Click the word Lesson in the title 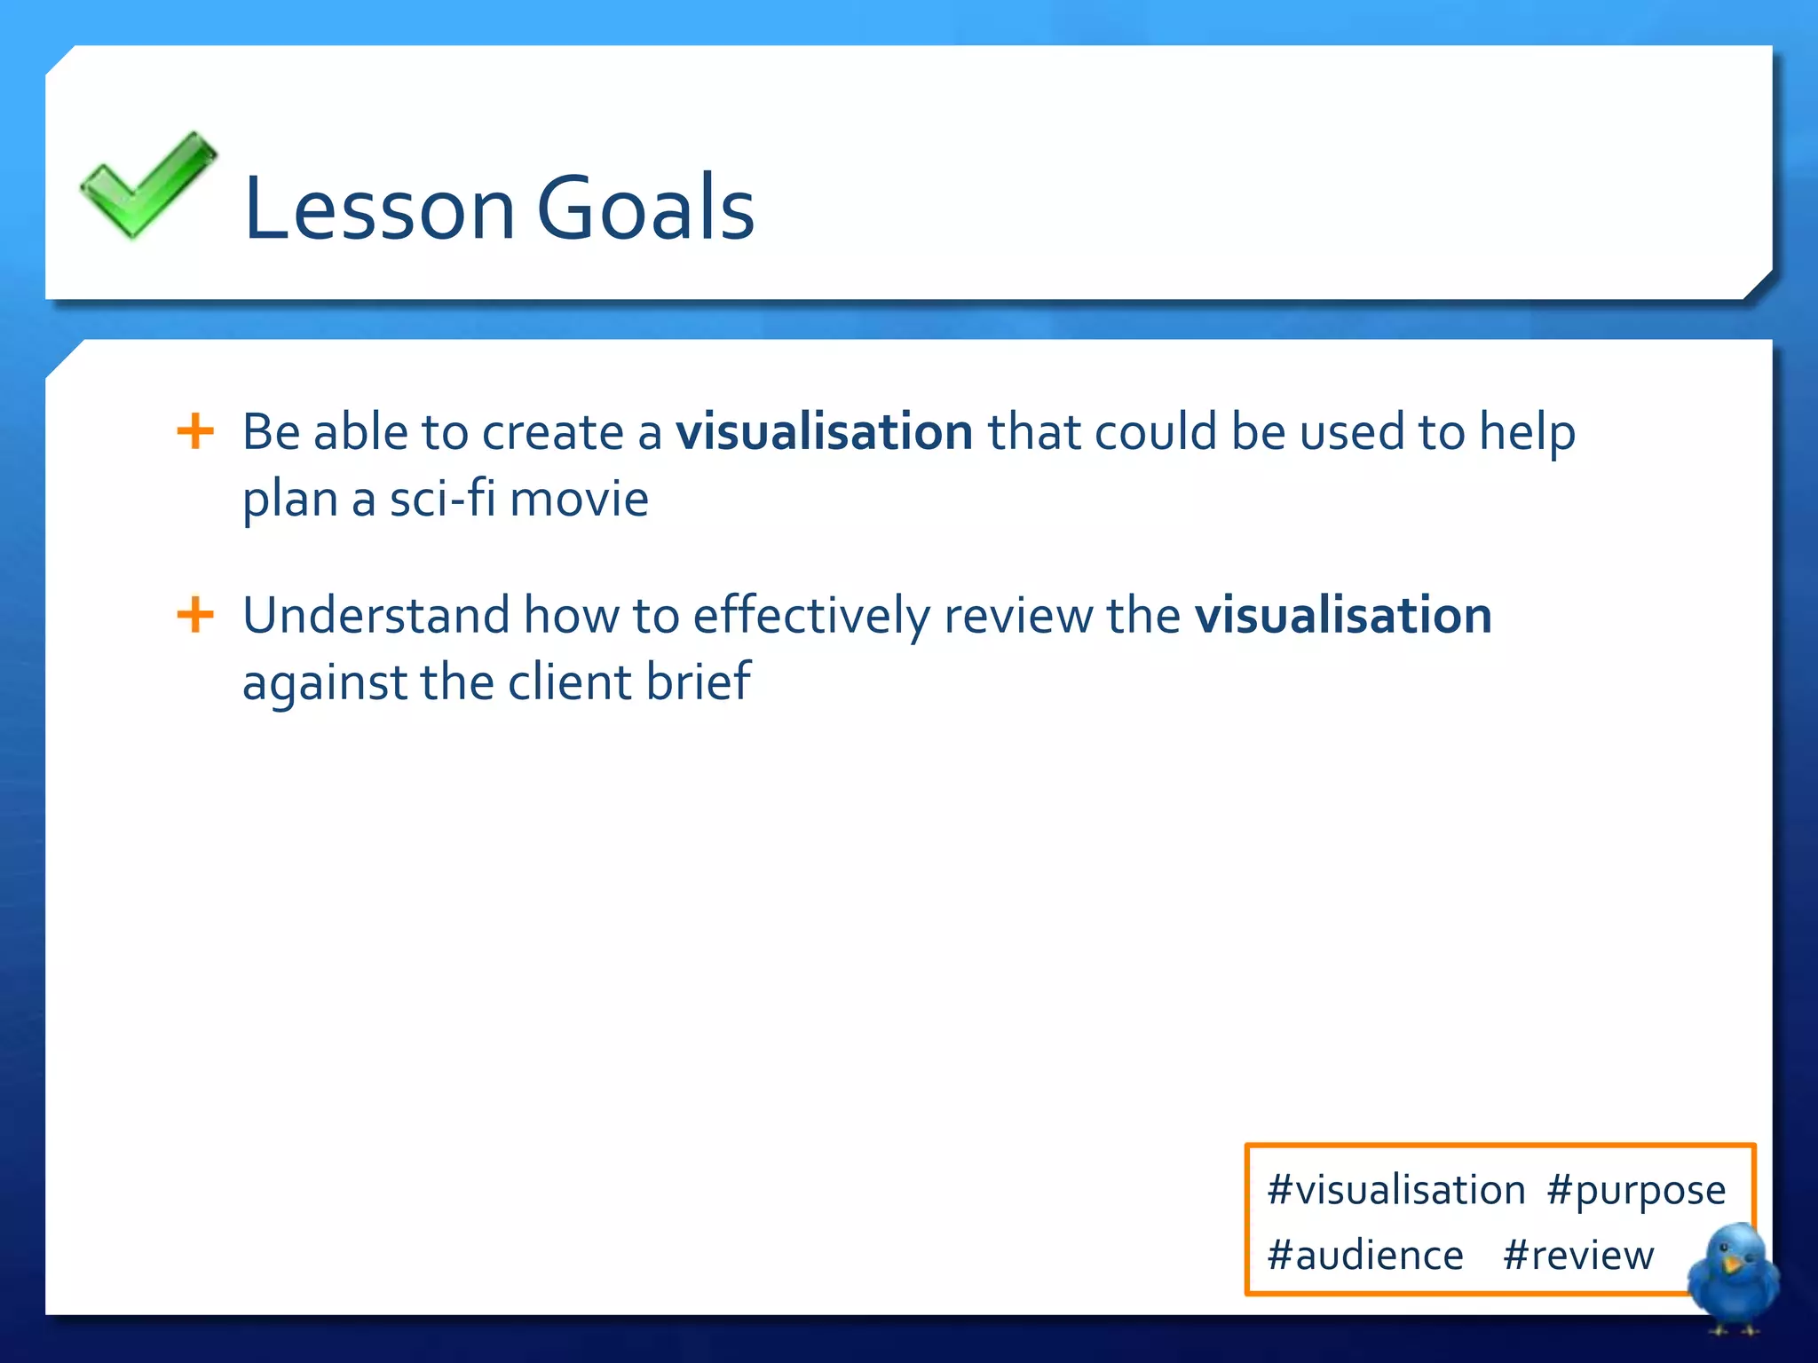pos(379,209)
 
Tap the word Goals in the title pos(645,209)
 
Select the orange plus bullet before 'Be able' pos(195,432)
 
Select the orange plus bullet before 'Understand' pos(195,615)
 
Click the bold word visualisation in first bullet pos(824,432)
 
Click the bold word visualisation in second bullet pos(1343,615)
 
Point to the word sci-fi pos(442,499)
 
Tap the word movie pos(580,499)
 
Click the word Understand pos(376,615)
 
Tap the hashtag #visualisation pos(1396,1190)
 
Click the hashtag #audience pos(1365,1256)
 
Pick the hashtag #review pos(1578,1256)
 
